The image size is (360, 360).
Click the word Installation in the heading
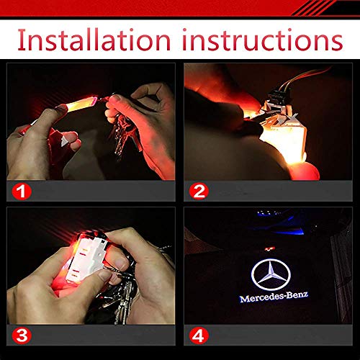94,40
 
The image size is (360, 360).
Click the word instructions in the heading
262,40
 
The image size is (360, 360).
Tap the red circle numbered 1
22,192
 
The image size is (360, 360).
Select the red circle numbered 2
199,192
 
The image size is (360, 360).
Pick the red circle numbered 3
22,336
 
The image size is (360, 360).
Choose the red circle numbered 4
199,336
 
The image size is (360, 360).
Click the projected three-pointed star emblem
271,274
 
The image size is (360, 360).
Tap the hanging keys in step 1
125,135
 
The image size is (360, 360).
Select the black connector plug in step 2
279,96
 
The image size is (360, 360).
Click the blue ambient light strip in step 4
288,232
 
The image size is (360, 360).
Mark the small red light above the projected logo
270,248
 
